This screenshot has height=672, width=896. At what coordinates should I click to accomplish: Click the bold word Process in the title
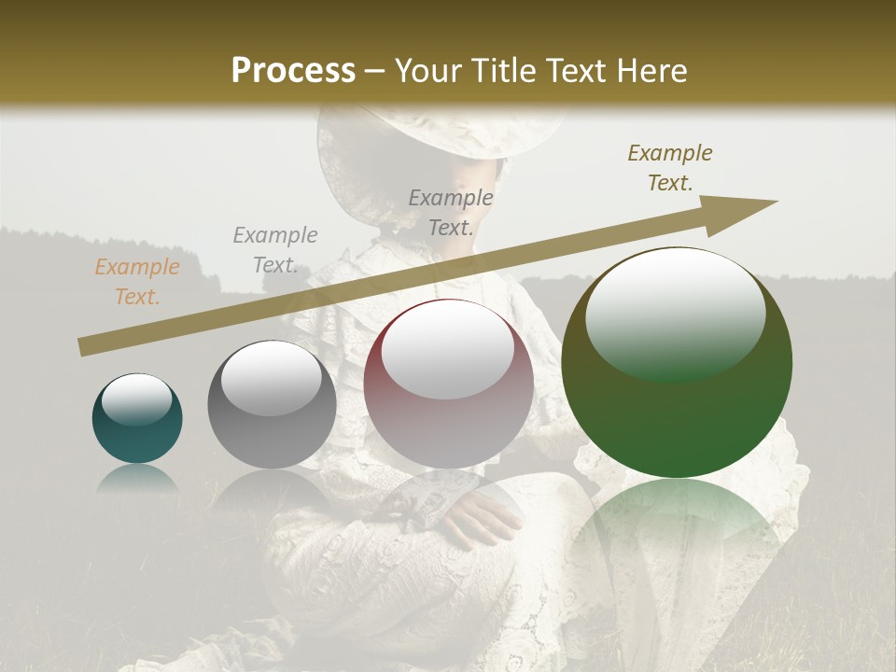click(x=293, y=71)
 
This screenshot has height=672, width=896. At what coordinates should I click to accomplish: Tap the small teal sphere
click(x=137, y=419)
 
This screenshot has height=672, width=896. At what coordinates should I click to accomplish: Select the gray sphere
click(x=272, y=405)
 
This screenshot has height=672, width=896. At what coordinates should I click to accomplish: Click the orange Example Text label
click(x=136, y=282)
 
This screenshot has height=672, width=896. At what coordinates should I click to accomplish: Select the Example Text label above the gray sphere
click(x=275, y=250)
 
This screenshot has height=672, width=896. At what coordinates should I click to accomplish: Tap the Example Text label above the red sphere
click(x=451, y=213)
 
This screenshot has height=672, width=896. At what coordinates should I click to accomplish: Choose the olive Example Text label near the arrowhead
click(x=670, y=168)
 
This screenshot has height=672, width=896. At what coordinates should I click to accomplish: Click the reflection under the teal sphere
click(x=137, y=479)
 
